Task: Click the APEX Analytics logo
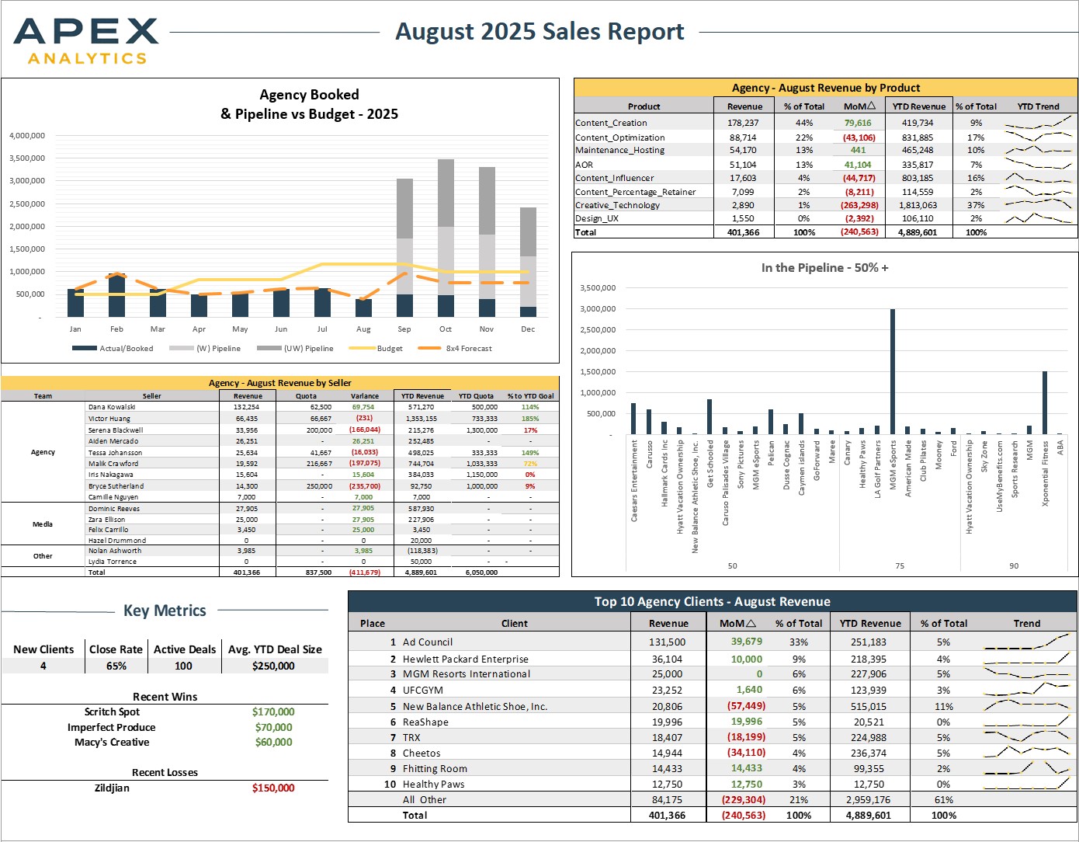click(x=86, y=41)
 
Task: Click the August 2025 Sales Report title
click(x=539, y=31)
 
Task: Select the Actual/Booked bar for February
click(x=116, y=296)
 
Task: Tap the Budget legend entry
click(x=376, y=348)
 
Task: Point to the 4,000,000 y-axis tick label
click(x=27, y=135)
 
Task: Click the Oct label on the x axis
click(x=446, y=329)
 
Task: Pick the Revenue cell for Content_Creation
click(x=744, y=123)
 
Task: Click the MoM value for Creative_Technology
click(x=859, y=205)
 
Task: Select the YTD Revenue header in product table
click(x=919, y=106)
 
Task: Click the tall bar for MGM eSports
click(x=892, y=371)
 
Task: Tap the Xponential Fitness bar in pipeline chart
click(x=1045, y=403)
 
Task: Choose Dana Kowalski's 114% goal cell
click(x=530, y=407)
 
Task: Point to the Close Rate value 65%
click(x=116, y=666)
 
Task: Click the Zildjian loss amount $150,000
click(x=273, y=788)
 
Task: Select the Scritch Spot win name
click(x=112, y=712)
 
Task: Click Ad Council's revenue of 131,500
click(x=667, y=642)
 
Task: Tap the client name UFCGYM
click(x=422, y=690)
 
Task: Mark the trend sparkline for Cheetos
click(x=1026, y=751)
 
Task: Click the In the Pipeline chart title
click(x=824, y=268)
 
